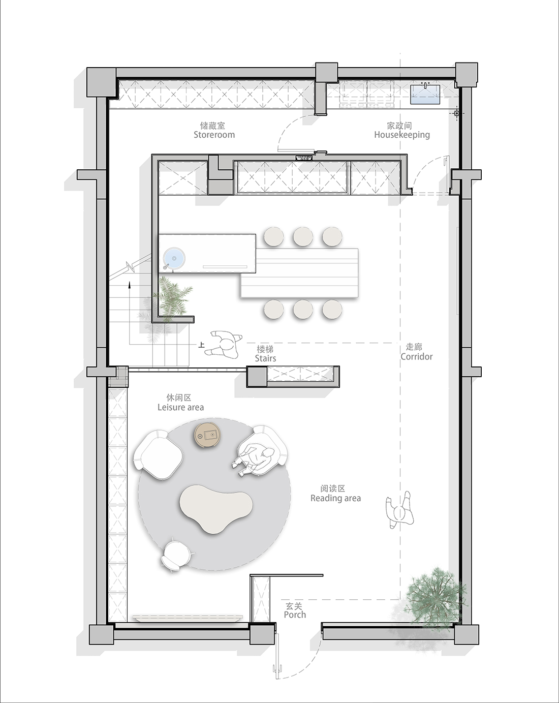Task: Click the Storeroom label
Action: [214, 135]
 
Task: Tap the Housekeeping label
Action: [402, 135]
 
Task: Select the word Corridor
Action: [417, 356]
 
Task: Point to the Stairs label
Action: [265, 358]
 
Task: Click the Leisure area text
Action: [181, 407]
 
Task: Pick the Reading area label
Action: [335, 498]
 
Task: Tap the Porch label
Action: [295, 615]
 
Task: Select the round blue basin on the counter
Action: [174, 258]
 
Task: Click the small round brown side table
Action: [209, 435]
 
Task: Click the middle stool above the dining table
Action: [303, 236]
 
